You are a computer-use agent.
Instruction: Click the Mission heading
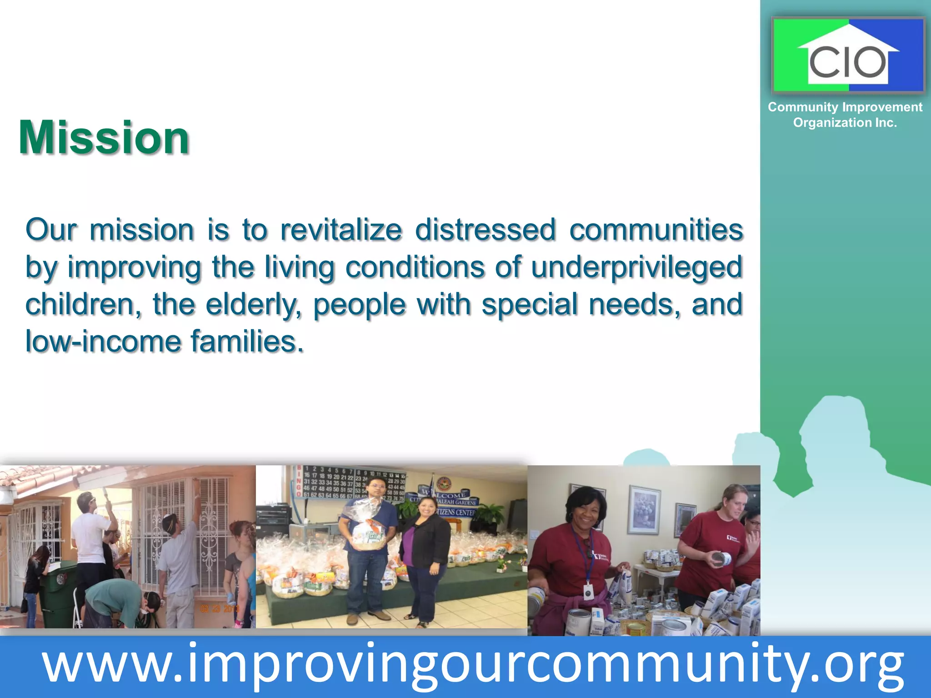pos(104,138)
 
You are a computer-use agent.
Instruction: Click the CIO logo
pos(848,55)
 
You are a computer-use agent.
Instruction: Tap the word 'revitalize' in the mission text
pos(341,229)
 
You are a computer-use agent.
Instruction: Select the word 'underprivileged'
pos(636,267)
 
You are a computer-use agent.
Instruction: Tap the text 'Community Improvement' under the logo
pos(845,107)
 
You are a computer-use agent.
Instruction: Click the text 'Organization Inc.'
pos(845,123)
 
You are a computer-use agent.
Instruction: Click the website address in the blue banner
pos(473,666)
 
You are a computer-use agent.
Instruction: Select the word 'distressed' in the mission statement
pos(486,229)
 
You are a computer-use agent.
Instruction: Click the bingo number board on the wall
pos(350,482)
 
